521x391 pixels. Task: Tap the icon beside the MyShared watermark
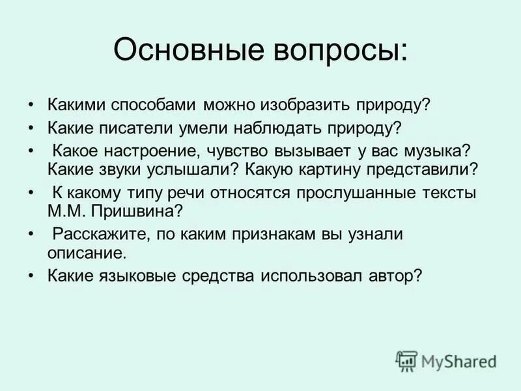click(x=406, y=360)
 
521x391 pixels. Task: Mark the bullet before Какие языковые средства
click(x=31, y=276)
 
